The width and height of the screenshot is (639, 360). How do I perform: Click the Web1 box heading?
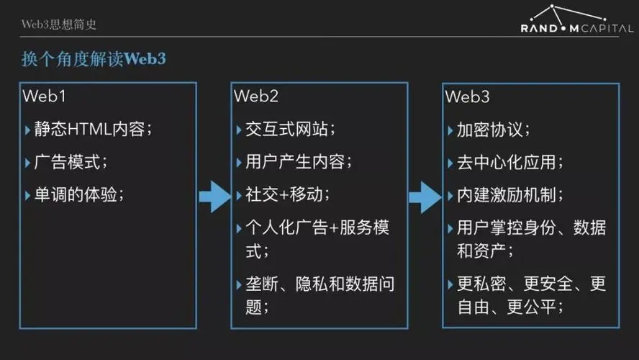click(x=44, y=96)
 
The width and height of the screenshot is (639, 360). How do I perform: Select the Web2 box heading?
click(x=256, y=96)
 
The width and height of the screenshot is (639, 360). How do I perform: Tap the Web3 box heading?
click(x=467, y=96)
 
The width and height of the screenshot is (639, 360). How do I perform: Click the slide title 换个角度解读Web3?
click(x=94, y=59)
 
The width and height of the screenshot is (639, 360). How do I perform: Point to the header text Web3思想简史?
click(x=59, y=24)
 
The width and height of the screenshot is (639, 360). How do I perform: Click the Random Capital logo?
click(x=576, y=19)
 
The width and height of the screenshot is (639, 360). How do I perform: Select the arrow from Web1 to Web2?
click(x=214, y=197)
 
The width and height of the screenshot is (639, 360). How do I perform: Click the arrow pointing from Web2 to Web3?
click(x=425, y=197)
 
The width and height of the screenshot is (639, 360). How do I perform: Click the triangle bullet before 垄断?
click(x=239, y=284)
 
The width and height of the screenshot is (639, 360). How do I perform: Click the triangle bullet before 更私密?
click(x=450, y=284)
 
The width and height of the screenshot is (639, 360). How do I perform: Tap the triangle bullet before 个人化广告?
click(x=239, y=228)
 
